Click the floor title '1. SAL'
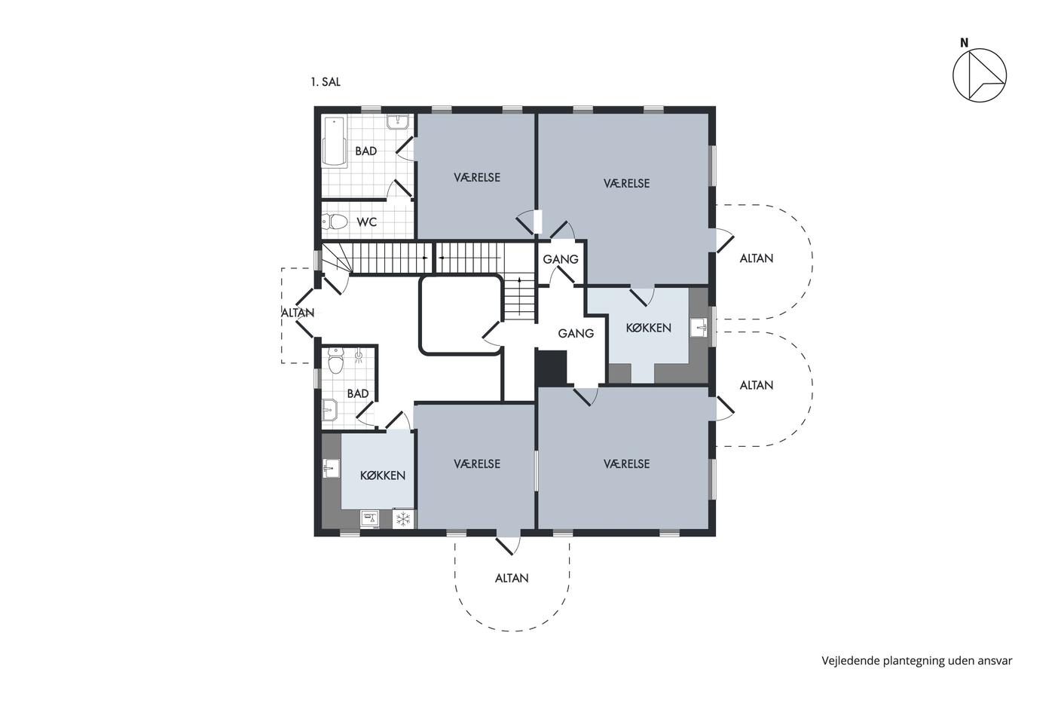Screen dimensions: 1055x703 pyautogui.click(x=326, y=82)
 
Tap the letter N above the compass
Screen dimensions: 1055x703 pyautogui.click(x=964, y=43)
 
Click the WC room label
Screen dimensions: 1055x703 pyautogui.click(x=367, y=222)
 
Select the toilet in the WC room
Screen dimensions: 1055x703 pyautogui.click(x=335, y=221)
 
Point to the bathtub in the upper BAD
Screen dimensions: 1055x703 pyautogui.click(x=334, y=141)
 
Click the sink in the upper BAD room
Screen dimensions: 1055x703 pyautogui.click(x=399, y=121)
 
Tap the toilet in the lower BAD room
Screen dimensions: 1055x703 pyautogui.click(x=335, y=361)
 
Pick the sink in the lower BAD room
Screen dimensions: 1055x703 pyautogui.click(x=330, y=410)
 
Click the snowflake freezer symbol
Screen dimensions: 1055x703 pyautogui.click(x=402, y=519)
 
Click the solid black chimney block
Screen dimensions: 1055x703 pyautogui.click(x=552, y=368)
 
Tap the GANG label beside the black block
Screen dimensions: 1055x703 pyautogui.click(x=576, y=334)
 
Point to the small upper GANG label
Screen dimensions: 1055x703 pyautogui.click(x=561, y=259)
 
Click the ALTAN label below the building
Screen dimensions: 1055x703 pyautogui.click(x=512, y=578)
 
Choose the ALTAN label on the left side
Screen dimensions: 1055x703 pyautogui.click(x=298, y=313)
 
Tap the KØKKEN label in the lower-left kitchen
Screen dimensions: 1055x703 pyautogui.click(x=383, y=475)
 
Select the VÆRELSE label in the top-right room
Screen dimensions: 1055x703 pyautogui.click(x=626, y=183)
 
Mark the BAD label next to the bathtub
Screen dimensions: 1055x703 pyautogui.click(x=366, y=151)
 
